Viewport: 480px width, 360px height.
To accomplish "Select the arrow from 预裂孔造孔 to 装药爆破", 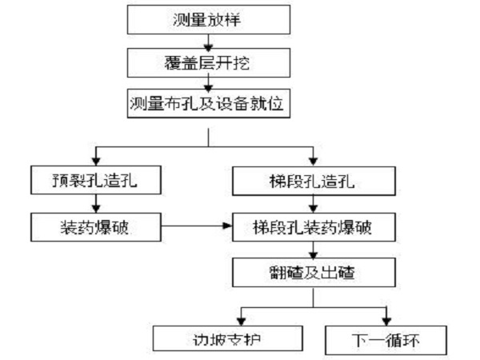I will click(x=97, y=204).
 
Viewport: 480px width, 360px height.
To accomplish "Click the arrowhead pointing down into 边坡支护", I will click(x=240, y=319).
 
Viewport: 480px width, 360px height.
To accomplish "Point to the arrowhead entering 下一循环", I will click(x=387, y=319).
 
